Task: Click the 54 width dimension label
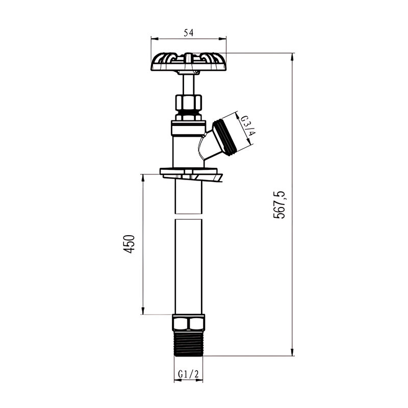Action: point(189,33)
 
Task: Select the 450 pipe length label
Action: point(130,244)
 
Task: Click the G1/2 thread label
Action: point(188,374)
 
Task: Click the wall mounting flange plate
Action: point(191,174)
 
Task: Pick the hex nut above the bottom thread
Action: point(189,323)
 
